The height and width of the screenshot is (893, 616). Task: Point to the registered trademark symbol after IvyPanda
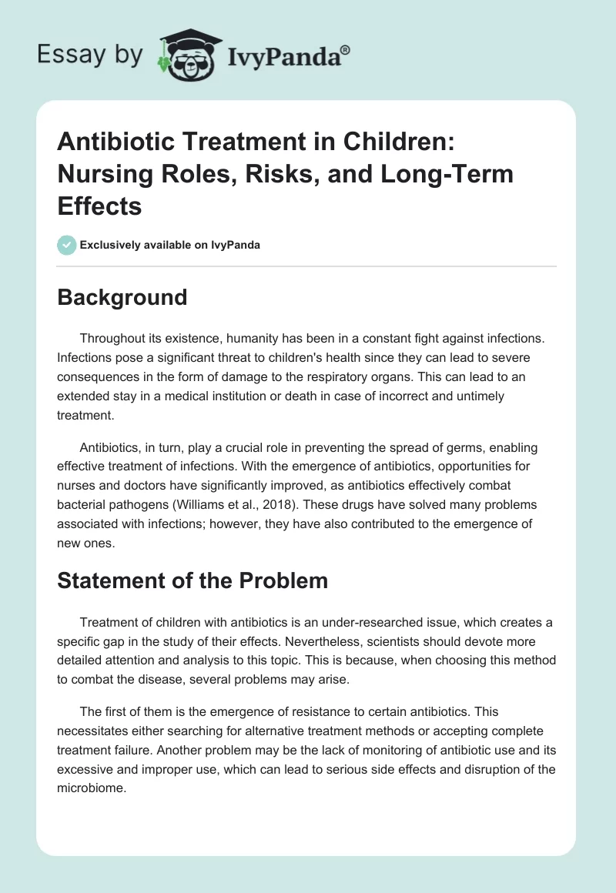point(346,48)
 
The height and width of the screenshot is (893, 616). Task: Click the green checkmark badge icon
point(67,245)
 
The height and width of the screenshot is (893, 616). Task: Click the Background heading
point(122,297)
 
